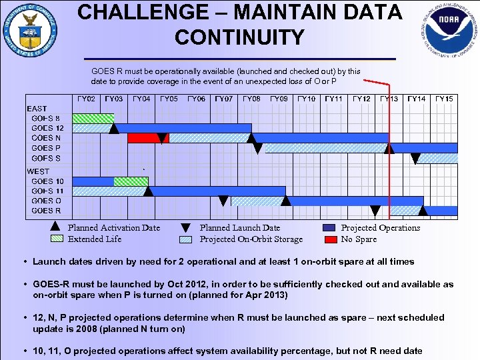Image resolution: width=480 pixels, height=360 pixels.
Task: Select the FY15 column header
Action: [444, 99]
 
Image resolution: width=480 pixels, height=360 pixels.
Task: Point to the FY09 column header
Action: [279, 99]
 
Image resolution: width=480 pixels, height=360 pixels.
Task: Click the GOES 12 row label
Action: [47, 128]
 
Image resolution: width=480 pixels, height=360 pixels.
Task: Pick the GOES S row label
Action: [46, 158]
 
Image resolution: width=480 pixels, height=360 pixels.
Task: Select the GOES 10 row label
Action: [47, 181]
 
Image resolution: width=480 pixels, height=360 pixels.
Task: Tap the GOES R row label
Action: [46, 211]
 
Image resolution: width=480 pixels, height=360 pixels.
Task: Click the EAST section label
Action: [37, 108]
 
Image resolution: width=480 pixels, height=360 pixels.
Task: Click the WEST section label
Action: [38, 171]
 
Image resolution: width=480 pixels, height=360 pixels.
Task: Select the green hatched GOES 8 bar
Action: [93, 119]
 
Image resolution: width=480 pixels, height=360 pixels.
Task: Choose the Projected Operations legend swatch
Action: [329, 228]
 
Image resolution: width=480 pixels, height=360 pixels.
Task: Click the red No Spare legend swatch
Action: [329, 239]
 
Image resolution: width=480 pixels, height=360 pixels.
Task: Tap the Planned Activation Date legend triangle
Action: [56, 228]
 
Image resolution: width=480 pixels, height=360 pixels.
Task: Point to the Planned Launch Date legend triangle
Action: [187, 228]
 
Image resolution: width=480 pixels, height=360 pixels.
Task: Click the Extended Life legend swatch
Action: [56, 239]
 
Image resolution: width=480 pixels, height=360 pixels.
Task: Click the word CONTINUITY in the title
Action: [239, 37]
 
